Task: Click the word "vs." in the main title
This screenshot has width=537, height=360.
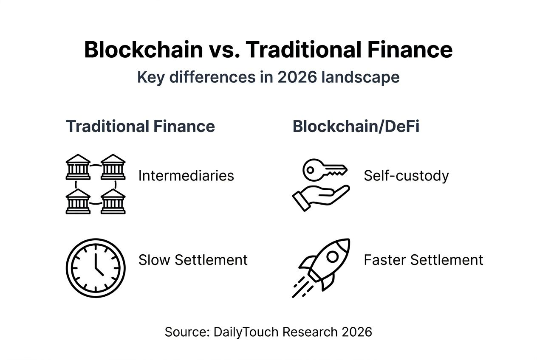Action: pos(224,50)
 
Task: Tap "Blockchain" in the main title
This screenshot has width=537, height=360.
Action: pos(143,50)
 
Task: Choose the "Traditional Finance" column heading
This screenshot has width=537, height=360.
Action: pos(140,127)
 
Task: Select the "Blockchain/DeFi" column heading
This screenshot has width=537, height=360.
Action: pos(356,127)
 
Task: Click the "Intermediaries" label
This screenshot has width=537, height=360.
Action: pos(186,175)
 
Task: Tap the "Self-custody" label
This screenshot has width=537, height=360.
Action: pos(406,175)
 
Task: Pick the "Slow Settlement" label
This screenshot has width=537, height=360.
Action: pos(193,260)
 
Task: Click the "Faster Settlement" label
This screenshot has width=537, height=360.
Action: pos(424,260)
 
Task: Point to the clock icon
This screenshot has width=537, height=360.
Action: pos(96,268)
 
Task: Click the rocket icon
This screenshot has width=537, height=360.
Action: pos(322,267)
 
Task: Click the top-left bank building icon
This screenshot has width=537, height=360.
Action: pos(78,167)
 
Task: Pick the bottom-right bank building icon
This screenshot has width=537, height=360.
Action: pos(113,202)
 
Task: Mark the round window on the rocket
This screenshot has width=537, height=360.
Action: pos(332,256)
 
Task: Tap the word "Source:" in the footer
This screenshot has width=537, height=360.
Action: pos(187,332)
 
